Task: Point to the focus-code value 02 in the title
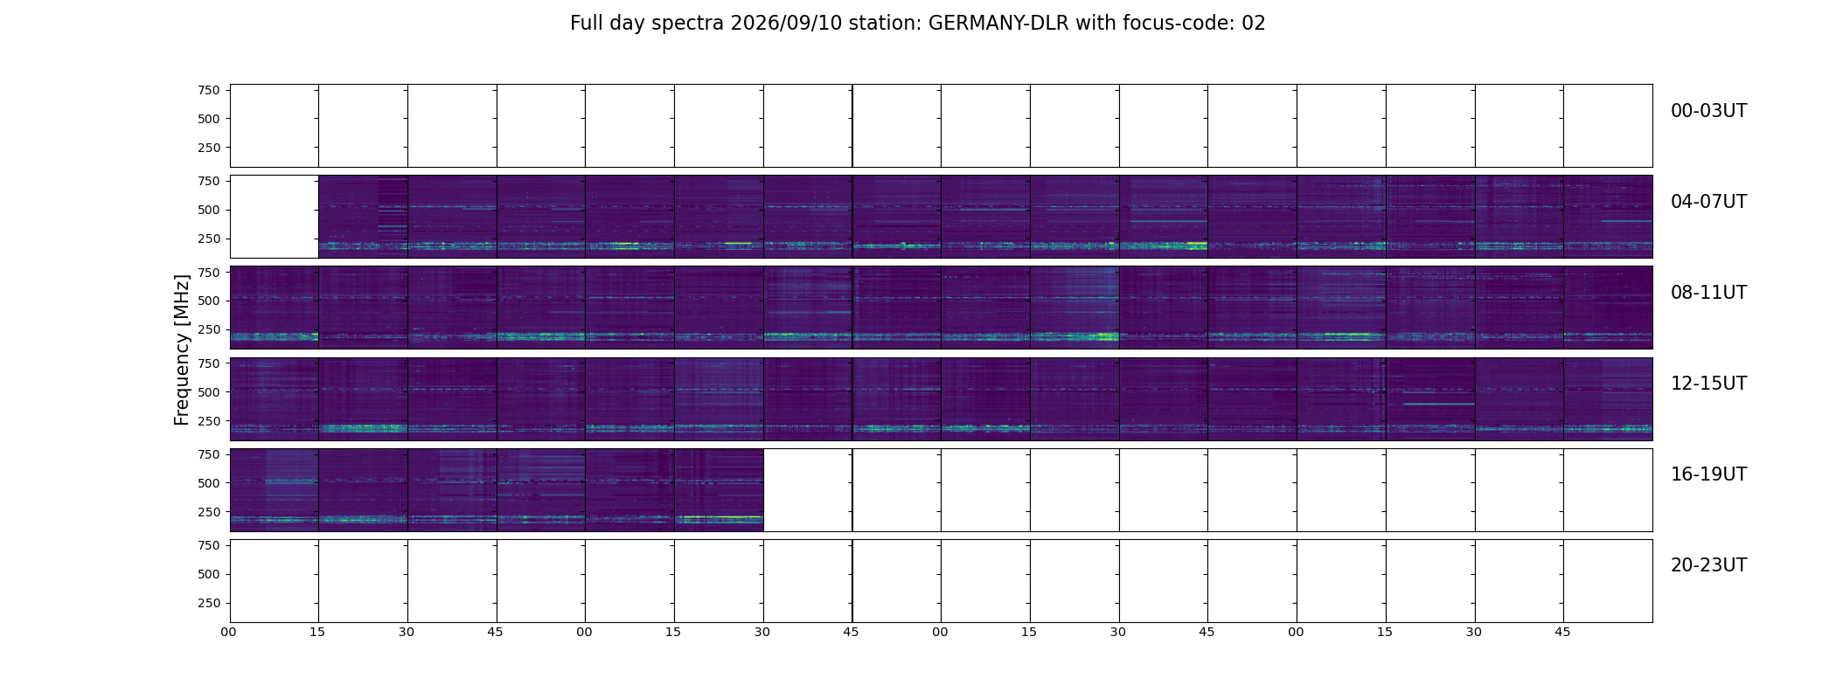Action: coord(1254,24)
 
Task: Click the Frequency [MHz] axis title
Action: coord(182,349)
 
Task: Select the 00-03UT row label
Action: coord(1708,111)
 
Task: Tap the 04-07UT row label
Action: coord(1708,202)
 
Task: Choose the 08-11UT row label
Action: coord(1708,293)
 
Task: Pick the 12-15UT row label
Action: coord(1708,384)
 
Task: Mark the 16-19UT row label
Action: coord(1708,474)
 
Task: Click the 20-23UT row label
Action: coord(1708,565)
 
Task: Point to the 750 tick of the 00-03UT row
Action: coord(209,90)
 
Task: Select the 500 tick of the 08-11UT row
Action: coord(209,301)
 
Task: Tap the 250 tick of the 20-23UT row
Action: coord(209,603)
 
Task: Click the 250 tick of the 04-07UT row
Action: coord(209,239)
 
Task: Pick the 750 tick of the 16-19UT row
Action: coord(209,454)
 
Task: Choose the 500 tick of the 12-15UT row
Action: coord(209,392)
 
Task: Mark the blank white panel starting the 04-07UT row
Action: coord(275,217)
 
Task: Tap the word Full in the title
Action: coord(586,24)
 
